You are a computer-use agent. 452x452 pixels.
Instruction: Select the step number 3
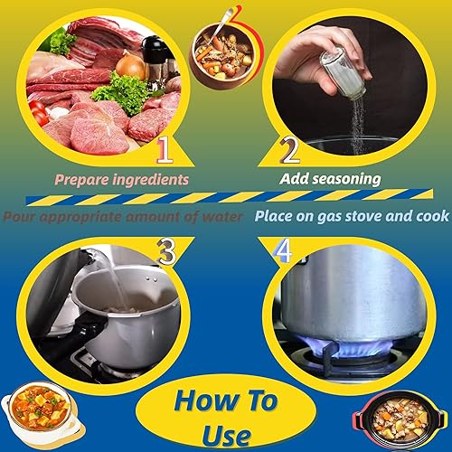[x=165, y=253]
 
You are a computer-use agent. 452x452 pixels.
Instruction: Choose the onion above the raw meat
[x=129, y=65]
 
